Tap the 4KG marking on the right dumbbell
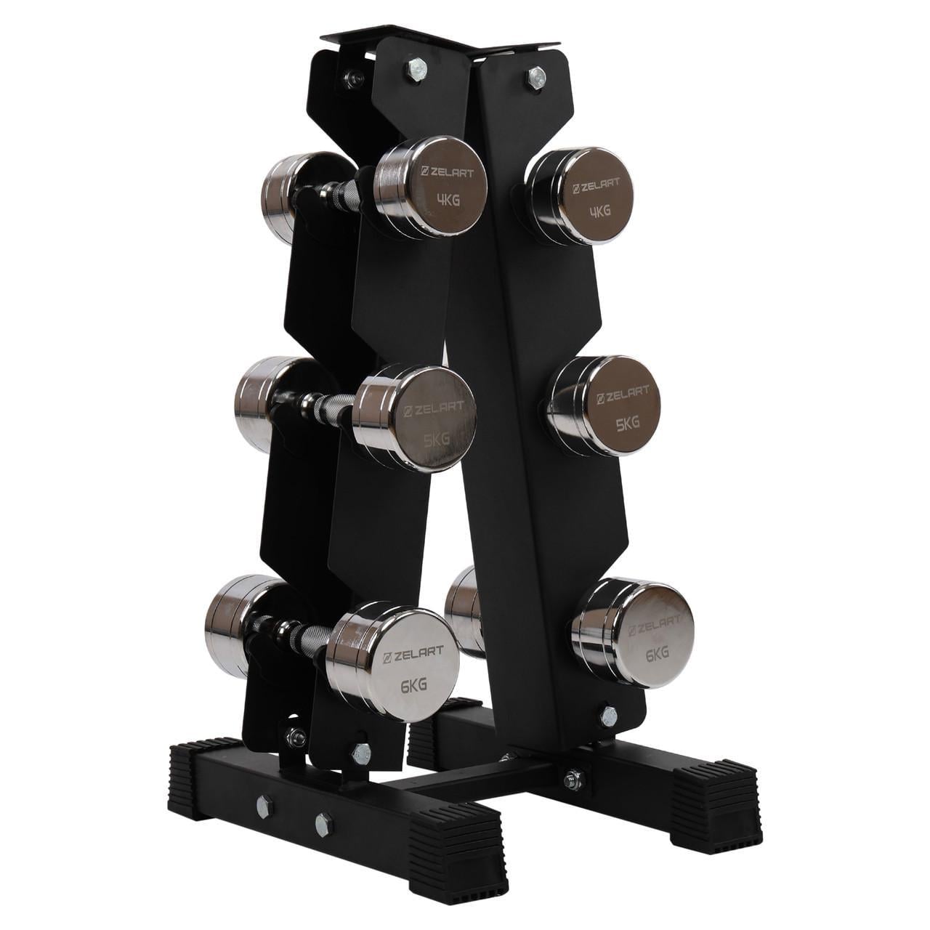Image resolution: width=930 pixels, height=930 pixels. click(x=599, y=211)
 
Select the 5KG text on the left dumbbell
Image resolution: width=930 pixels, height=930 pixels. click(x=437, y=439)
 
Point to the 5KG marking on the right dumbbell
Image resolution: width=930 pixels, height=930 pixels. click(x=628, y=424)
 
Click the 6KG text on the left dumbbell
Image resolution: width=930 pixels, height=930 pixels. click(x=414, y=684)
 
